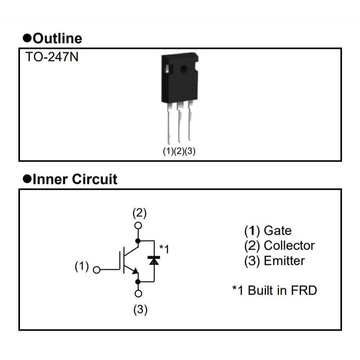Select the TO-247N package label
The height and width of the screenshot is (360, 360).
pyautogui.click(x=52, y=57)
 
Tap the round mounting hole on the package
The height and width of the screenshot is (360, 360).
pyautogui.click(x=183, y=70)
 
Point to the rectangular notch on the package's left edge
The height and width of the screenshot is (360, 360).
pyautogui.click(x=166, y=70)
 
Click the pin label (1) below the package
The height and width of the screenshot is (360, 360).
pyautogui.click(x=168, y=151)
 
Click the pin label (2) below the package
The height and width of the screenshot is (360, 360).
pyautogui.click(x=179, y=151)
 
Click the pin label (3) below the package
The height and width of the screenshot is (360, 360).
pyautogui.click(x=190, y=151)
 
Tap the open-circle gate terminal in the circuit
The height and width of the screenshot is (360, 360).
pyautogui.click(x=97, y=269)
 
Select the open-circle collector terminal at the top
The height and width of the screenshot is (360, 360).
pyautogui.click(x=138, y=225)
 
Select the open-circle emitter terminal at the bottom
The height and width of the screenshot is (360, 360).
pyautogui.click(x=138, y=293)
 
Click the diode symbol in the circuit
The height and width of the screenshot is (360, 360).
pyautogui.click(x=155, y=260)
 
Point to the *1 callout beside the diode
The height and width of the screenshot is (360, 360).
pyautogui.click(x=164, y=248)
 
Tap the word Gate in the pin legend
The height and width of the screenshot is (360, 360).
pyautogui.click(x=277, y=230)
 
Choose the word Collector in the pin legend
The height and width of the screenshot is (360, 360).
pyautogui.click(x=289, y=245)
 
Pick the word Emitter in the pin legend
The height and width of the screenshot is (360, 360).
pyautogui.click(x=284, y=261)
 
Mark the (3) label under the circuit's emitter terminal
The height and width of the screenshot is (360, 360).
pyautogui.click(x=140, y=310)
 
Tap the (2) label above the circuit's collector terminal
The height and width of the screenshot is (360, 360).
pyautogui.click(x=139, y=213)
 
